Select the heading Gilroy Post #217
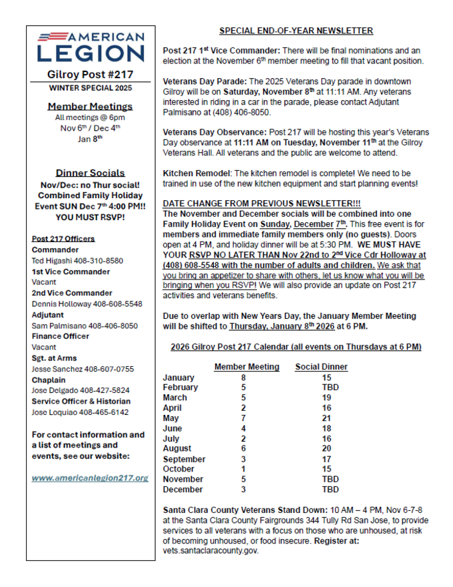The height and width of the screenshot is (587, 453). (x=91, y=75)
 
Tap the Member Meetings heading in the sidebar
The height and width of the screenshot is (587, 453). (x=90, y=106)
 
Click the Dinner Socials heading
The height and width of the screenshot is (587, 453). (x=90, y=173)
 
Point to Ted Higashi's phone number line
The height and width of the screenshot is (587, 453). (x=77, y=261)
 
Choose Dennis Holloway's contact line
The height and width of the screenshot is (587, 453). (x=87, y=304)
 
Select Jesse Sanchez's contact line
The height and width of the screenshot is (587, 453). (x=83, y=369)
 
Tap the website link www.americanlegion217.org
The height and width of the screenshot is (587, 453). (x=90, y=478)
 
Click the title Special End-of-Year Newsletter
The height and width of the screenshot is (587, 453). (x=296, y=31)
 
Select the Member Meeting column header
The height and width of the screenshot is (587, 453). (x=246, y=367)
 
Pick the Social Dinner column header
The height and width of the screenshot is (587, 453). (x=321, y=367)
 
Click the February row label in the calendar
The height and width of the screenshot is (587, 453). (x=181, y=387)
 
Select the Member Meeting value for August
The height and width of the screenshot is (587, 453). (x=244, y=448)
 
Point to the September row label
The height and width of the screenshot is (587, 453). (x=184, y=459)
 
